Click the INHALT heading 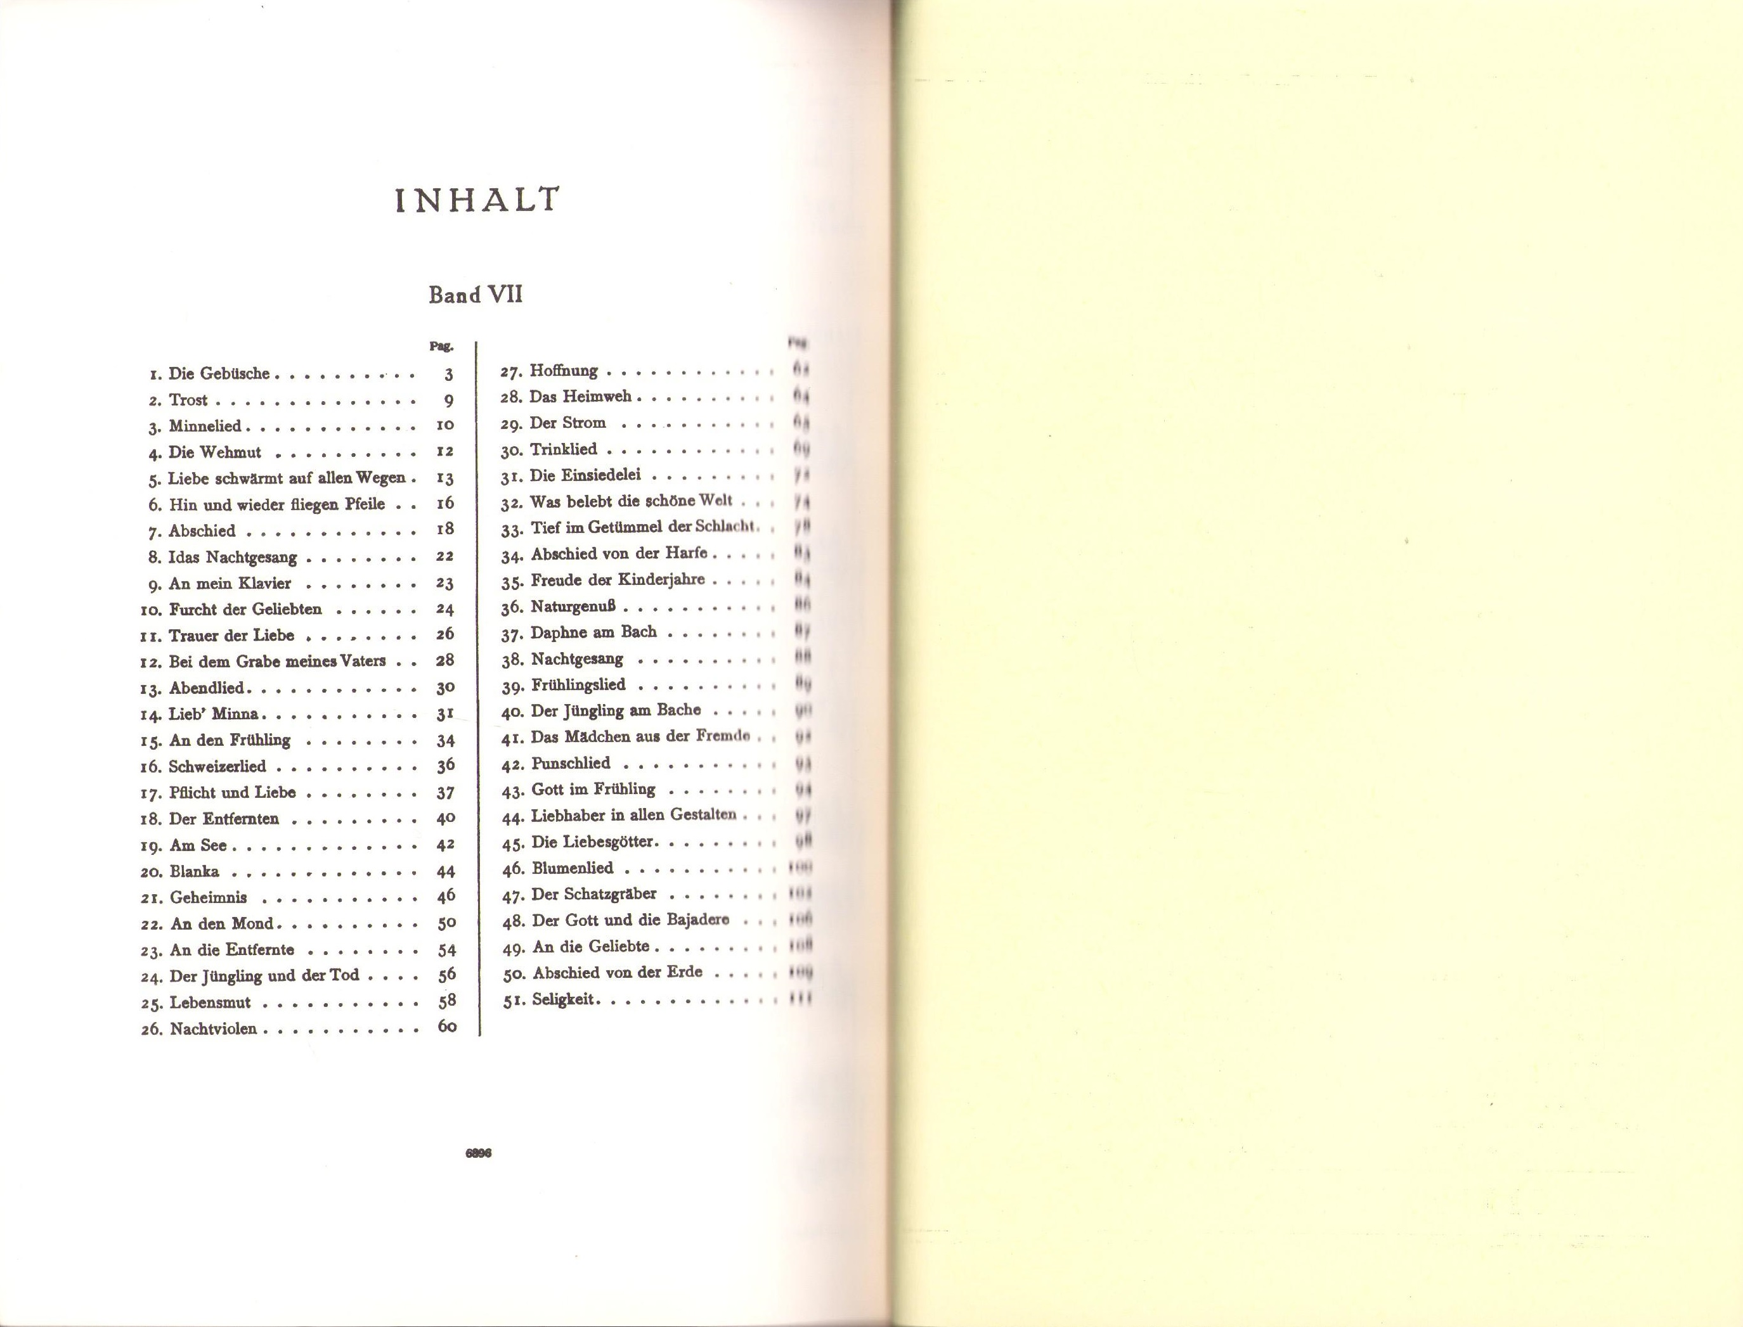[x=476, y=201]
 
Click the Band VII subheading [x=476, y=295]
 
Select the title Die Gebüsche [x=219, y=374]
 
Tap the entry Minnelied [x=205, y=426]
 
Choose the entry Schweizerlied [x=217, y=766]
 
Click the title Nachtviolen [x=213, y=1029]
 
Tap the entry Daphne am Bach [x=593, y=632]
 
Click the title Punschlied [x=571, y=763]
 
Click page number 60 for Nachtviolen [x=446, y=1027]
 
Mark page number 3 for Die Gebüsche [x=448, y=375]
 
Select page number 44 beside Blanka [x=446, y=871]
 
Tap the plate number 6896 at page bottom [x=479, y=1153]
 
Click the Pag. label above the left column [x=441, y=346]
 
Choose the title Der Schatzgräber [x=594, y=894]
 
